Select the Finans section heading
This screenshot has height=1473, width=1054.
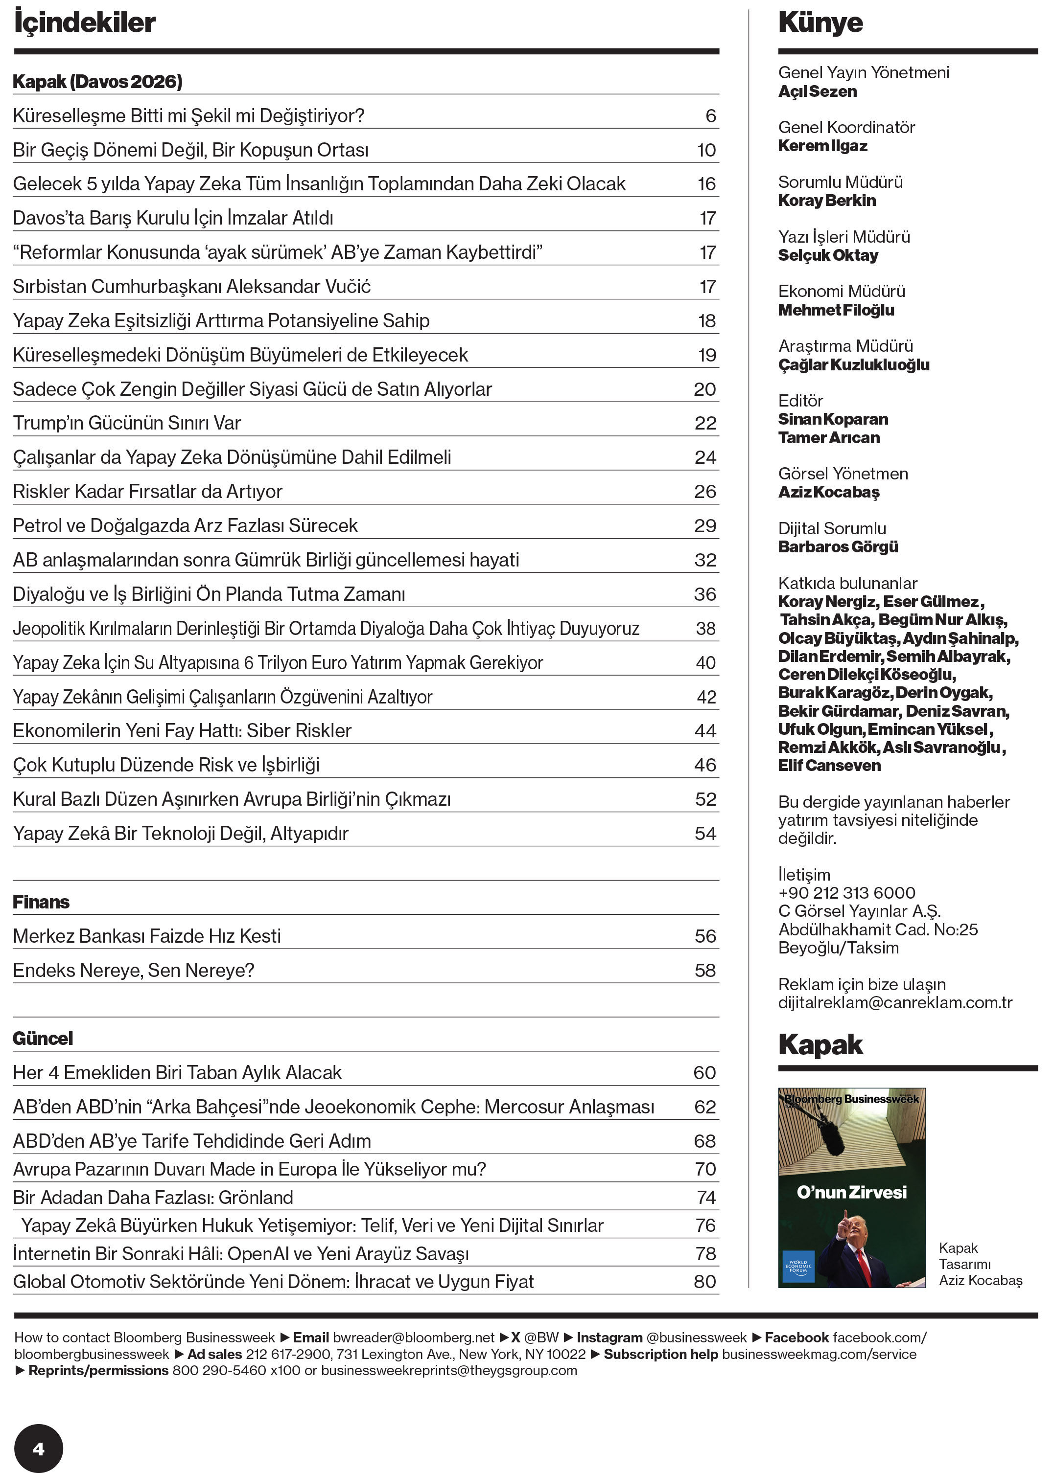point(41,902)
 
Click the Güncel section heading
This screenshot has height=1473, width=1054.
point(43,1039)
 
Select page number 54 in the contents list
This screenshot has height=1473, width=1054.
point(705,834)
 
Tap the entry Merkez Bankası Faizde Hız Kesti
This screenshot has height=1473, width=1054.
point(147,936)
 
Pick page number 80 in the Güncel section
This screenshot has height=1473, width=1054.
point(705,1281)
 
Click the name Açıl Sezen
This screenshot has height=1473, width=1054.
point(817,91)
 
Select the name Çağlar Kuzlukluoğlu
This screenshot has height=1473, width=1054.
point(853,365)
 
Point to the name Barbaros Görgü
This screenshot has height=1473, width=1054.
point(838,547)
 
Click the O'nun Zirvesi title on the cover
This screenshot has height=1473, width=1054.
point(851,1192)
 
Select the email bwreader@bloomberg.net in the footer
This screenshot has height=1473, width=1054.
point(413,1337)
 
